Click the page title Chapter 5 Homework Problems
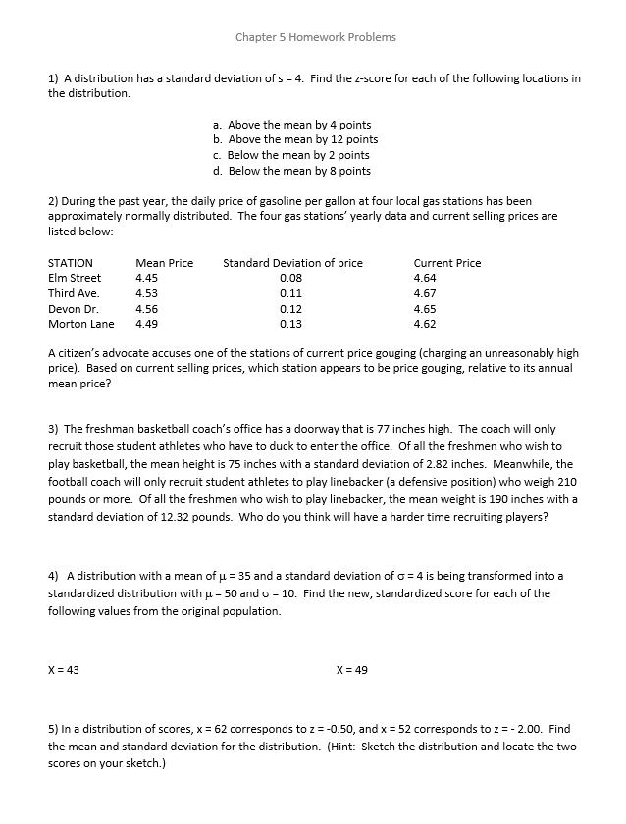[316, 37]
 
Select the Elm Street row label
[75, 278]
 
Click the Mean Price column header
[164, 263]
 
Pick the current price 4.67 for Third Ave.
[425, 293]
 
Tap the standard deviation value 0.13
[290, 324]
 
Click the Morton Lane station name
[80, 324]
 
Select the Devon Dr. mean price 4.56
[146, 308]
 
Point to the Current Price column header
[447, 263]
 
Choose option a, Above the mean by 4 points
[291, 125]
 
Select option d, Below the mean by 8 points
[291, 171]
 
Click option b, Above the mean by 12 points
[294, 139]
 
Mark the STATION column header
[71, 263]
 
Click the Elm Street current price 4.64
[425, 278]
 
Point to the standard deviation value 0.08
[290, 278]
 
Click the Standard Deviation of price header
[292, 263]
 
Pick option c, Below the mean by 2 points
[291, 155]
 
